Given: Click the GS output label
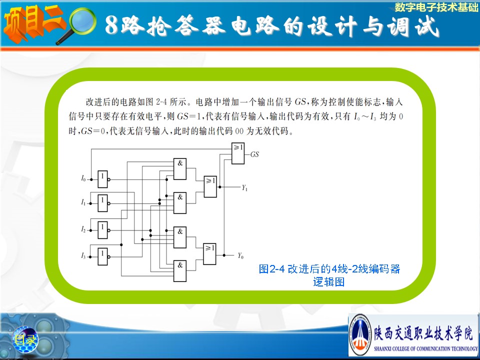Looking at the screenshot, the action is click(254, 154).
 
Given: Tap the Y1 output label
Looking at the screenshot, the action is click(244, 187).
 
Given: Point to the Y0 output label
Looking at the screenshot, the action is click(240, 255).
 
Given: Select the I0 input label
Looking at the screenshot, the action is click(83, 178).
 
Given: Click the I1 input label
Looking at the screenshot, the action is click(83, 202).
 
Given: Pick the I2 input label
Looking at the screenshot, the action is click(83, 229).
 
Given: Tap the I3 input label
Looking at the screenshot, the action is click(83, 255).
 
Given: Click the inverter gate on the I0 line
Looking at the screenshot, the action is click(103, 179).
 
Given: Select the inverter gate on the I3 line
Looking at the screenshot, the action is click(103, 256).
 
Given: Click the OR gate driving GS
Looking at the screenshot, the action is click(238, 153).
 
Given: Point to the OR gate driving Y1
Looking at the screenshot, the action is click(210, 186).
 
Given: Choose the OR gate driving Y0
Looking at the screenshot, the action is click(209, 254).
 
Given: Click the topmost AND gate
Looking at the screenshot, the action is click(180, 169).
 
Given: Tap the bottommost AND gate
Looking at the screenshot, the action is click(180, 271).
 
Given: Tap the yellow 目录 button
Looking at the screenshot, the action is click(25, 339).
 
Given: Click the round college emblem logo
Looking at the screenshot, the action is click(360, 334).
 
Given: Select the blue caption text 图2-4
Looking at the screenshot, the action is click(272, 269).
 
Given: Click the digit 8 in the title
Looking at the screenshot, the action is click(112, 25).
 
